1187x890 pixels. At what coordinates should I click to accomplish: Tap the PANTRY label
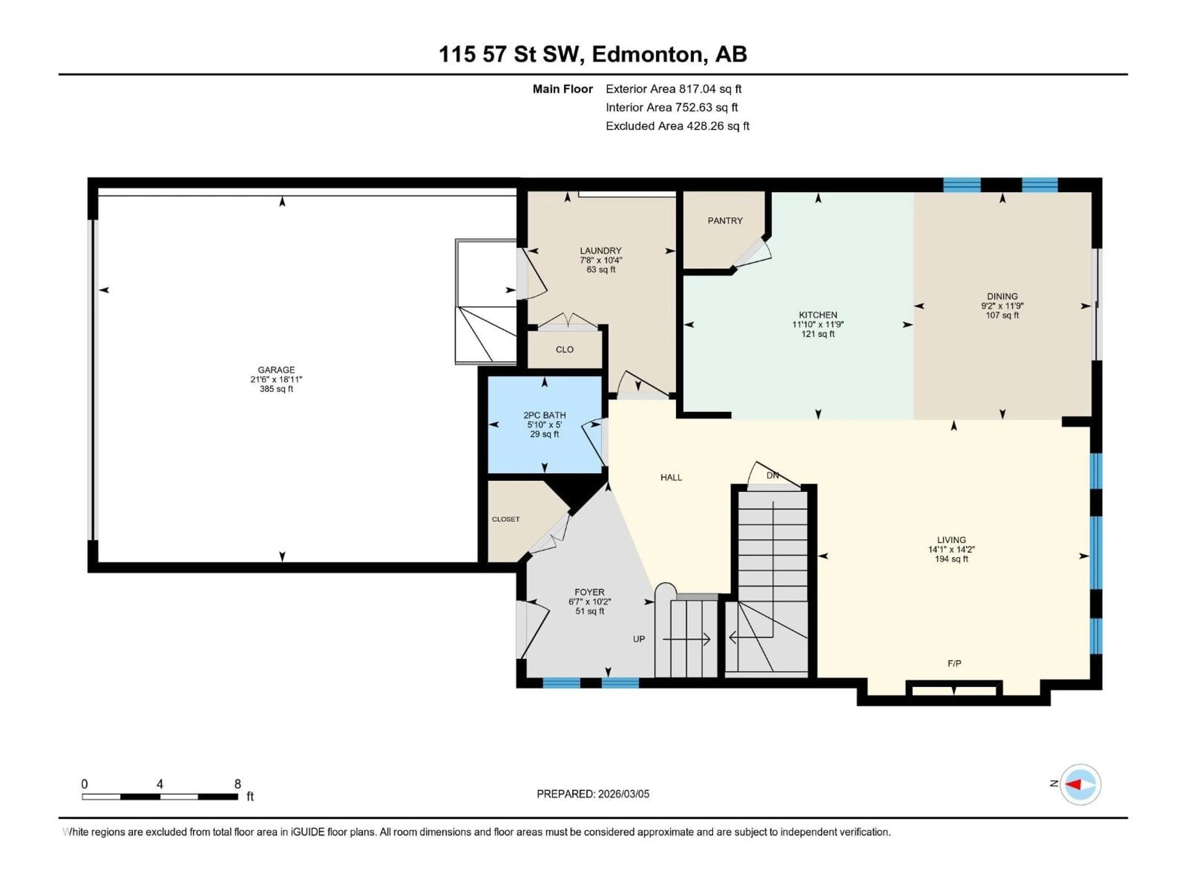(x=725, y=220)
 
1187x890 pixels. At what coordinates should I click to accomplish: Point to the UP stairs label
(x=639, y=639)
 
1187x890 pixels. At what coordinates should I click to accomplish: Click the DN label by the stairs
(x=772, y=475)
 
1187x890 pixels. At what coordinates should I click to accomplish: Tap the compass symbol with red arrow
(x=1080, y=784)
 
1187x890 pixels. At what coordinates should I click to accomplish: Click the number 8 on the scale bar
(x=238, y=784)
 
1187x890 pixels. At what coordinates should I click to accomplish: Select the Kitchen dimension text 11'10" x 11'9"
(x=818, y=324)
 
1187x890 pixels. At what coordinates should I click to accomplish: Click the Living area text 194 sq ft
(x=951, y=559)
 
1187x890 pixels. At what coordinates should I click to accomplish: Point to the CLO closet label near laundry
(x=564, y=349)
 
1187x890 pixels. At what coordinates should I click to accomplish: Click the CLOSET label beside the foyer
(x=505, y=519)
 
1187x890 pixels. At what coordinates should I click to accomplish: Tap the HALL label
(x=671, y=477)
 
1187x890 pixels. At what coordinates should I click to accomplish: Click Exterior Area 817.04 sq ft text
(x=674, y=89)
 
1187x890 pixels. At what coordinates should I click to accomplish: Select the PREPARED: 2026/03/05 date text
(x=593, y=794)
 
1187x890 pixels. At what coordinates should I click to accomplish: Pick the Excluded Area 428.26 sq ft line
(x=677, y=126)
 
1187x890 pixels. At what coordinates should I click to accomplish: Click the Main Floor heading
(x=562, y=89)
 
